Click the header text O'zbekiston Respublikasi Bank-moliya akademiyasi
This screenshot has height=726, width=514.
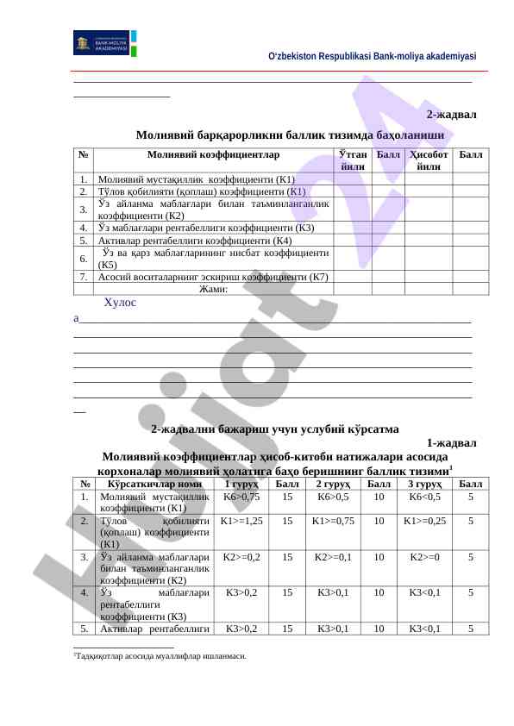tap(372, 56)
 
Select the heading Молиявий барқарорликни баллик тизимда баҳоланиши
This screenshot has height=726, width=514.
tap(289, 135)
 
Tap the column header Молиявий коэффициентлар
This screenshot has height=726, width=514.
tap(213, 155)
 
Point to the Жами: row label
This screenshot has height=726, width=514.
tap(213, 289)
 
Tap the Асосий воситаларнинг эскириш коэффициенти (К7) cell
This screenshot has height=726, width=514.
tap(213, 277)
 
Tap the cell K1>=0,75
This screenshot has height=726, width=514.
tap(333, 522)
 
